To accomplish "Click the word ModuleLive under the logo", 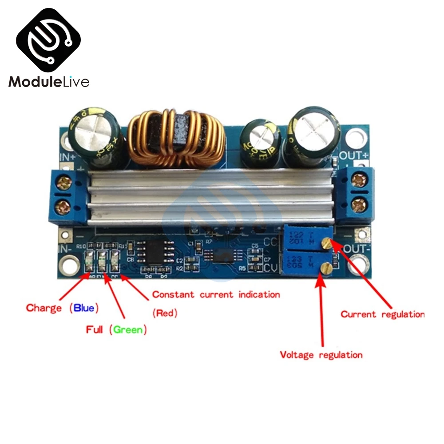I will click(49, 82).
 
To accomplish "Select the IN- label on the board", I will click(65, 249).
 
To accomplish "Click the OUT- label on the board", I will click(357, 248).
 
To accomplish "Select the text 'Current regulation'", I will click(382, 314).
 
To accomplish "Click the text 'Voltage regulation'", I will click(321, 355).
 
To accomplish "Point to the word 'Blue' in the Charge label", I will click(84, 308).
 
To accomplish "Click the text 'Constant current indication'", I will click(216, 294).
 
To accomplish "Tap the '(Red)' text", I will click(165, 313).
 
